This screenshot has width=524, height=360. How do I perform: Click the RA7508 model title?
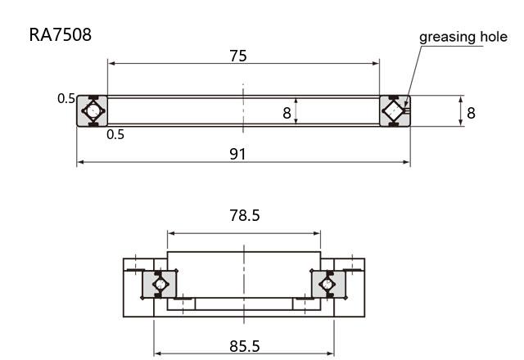click(60, 34)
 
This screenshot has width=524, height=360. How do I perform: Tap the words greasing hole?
click(463, 37)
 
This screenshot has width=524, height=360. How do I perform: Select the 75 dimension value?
click(238, 56)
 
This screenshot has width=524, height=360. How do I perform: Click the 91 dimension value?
click(237, 154)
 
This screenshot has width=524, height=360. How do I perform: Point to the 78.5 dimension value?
click(244, 215)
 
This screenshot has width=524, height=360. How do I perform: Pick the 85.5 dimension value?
click(244, 346)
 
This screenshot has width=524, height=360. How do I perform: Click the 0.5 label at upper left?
click(66, 98)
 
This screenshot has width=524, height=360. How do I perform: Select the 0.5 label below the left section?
click(115, 134)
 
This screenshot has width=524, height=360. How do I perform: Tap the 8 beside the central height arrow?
click(287, 113)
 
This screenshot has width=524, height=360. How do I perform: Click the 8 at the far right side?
click(471, 113)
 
